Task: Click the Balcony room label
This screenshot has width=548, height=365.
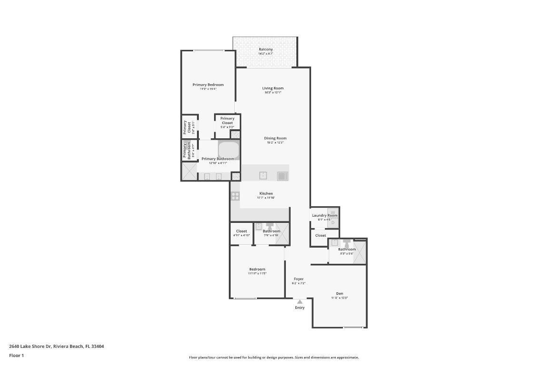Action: (x=265, y=49)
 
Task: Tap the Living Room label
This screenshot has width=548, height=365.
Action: (x=273, y=88)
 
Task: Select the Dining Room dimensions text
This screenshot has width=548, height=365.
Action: (x=274, y=143)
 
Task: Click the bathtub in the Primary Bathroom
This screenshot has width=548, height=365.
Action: (x=229, y=149)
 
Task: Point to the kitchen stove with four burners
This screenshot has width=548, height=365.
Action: (x=235, y=195)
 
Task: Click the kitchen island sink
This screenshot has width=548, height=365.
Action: (x=263, y=176)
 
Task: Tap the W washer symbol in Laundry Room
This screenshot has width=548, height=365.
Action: (x=333, y=212)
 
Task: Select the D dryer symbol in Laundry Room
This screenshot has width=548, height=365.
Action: (x=333, y=222)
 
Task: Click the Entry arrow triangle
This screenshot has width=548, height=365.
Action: (x=300, y=301)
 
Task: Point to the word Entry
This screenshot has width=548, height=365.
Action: (x=300, y=307)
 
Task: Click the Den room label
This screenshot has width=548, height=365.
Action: (x=339, y=293)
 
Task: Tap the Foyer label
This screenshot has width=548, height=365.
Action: (x=298, y=279)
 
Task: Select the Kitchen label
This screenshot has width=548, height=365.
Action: (x=266, y=193)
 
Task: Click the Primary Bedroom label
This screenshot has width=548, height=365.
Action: (x=208, y=85)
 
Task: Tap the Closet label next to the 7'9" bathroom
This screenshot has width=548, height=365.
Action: (x=242, y=231)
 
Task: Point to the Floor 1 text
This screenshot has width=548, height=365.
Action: (x=16, y=355)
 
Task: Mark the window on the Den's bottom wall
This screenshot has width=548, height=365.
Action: (x=353, y=327)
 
